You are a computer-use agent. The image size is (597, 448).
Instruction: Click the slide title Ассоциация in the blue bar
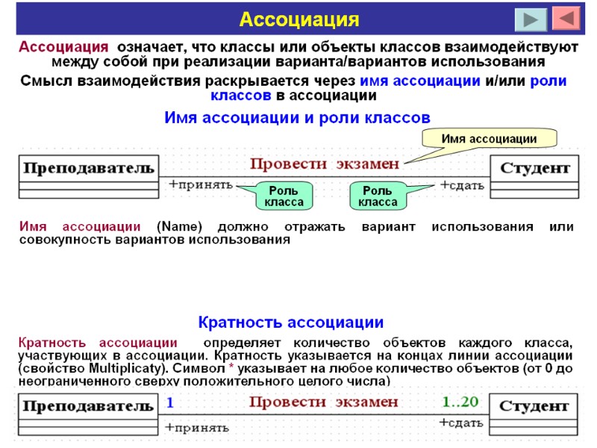tap(298, 18)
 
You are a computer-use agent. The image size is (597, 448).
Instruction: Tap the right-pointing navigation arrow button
tap(531, 19)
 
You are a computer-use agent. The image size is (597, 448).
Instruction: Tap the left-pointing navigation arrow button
tap(565, 18)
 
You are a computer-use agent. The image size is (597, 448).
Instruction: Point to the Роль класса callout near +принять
tap(284, 196)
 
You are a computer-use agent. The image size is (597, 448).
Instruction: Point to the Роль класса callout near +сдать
tap(377, 196)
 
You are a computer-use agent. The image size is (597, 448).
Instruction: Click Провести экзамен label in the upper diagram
tap(325, 164)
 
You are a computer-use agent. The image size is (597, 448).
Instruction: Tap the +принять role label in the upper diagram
tap(201, 185)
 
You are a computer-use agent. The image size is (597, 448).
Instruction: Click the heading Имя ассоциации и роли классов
tap(296, 117)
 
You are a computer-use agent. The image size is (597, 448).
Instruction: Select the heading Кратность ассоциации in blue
tap(290, 323)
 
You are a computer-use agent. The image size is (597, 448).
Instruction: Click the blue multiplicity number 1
tap(170, 402)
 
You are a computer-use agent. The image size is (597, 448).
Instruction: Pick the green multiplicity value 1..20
tap(460, 402)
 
